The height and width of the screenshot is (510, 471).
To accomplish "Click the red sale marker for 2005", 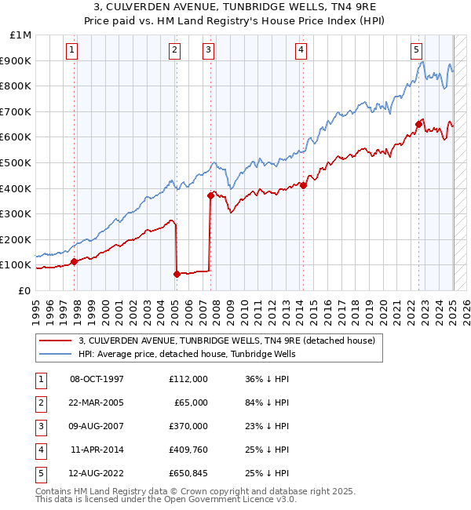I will [177, 274].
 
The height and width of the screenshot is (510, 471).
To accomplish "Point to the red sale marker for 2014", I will [303, 186].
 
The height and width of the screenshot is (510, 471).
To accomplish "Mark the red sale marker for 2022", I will [418, 124].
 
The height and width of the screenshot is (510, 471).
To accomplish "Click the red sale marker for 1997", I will [75, 261].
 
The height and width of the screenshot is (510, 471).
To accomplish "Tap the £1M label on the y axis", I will [20, 35].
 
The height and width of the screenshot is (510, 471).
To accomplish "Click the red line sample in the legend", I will [55, 341].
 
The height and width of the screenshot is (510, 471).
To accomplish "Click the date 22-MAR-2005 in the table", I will [97, 403].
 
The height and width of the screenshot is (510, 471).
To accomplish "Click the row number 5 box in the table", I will [39, 473].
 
